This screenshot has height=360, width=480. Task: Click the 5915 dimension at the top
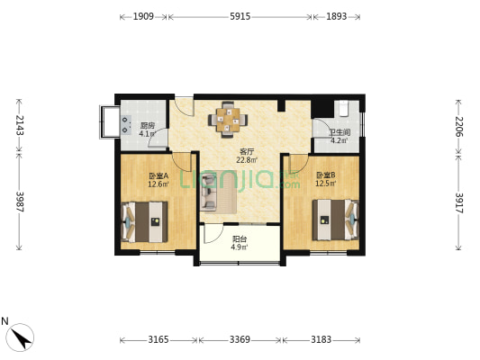(x=240, y=16)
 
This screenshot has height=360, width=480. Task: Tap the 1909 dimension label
(x=143, y=16)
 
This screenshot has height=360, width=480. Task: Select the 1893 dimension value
(x=337, y=16)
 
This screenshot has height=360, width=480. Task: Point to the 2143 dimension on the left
(x=19, y=125)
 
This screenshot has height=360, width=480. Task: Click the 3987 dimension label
(x=19, y=202)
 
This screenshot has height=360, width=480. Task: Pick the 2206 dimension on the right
(x=459, y=127)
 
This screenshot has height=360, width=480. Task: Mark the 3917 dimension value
(x=459, y=203)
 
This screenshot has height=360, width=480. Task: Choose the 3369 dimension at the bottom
(x=240, y=339)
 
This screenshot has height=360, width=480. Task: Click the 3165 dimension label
(x=158, y=339)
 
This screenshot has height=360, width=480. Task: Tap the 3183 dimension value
(x=322, y=339)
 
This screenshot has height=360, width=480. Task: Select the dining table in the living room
(x=228, y=120)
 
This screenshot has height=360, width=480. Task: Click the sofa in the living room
(x=208, y=192)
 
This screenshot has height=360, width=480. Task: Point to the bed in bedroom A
(x=145, y=221)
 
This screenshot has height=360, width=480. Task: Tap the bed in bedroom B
(x=335, y=220)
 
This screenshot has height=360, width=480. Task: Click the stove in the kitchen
(x=126, y=125)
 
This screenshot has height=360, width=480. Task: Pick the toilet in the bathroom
(x=344, y=109)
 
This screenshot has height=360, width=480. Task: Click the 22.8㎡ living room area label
(x=247, y=159)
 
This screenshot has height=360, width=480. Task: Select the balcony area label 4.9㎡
(x=239, y=247)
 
